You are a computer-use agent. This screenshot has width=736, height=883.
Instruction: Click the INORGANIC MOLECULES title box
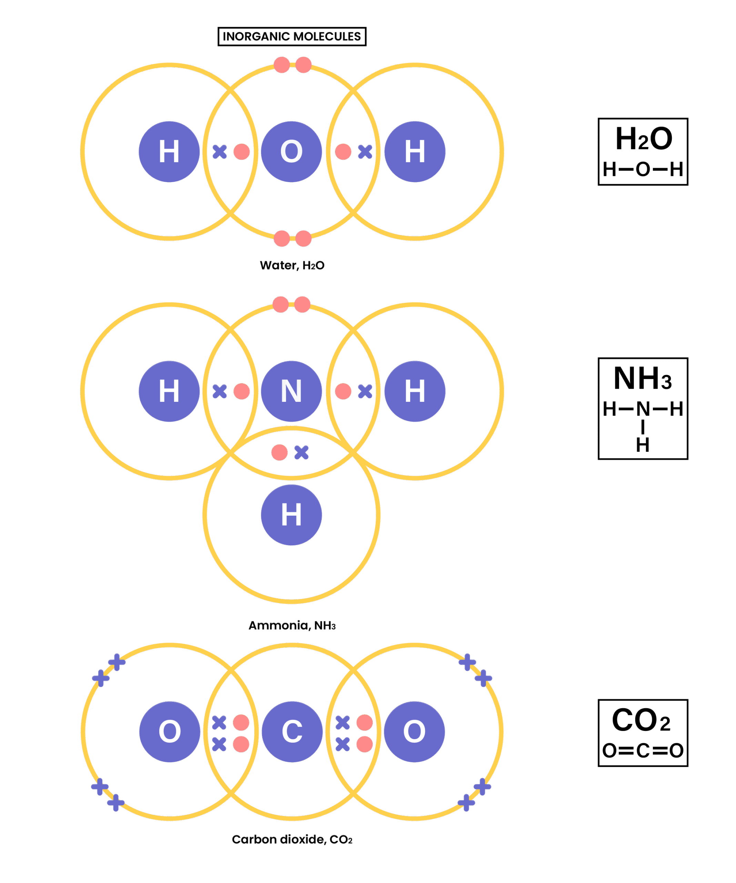pos(292,37)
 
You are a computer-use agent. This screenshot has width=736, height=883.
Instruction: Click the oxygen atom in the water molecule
pos(291,152)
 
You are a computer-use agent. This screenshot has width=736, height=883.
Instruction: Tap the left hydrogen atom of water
pos(169,152)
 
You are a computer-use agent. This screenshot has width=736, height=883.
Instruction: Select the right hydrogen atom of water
pos(414,152)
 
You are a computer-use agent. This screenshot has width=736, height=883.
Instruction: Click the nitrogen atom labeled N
pos(291,391)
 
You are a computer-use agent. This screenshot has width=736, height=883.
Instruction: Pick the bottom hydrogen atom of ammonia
pos(291,515)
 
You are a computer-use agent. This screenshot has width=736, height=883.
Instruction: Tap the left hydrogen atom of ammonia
pos(169,391)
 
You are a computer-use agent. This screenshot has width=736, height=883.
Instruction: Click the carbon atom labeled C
pos(292,732)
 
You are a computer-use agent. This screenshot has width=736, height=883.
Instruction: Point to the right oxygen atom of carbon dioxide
pos(414,732)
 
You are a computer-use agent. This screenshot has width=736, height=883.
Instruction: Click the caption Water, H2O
pos(292,265)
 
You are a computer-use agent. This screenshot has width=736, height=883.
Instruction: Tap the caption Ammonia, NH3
pos(292,625)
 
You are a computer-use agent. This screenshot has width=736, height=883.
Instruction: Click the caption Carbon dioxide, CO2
pos(292,840)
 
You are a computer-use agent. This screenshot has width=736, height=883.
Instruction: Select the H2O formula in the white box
pos(643,139)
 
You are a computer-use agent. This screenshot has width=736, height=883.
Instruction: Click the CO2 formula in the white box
pos(641,720)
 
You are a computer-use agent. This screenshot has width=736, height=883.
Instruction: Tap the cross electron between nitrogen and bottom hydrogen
pos(301,453)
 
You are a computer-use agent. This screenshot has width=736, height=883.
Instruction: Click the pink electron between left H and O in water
pos(241,152)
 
